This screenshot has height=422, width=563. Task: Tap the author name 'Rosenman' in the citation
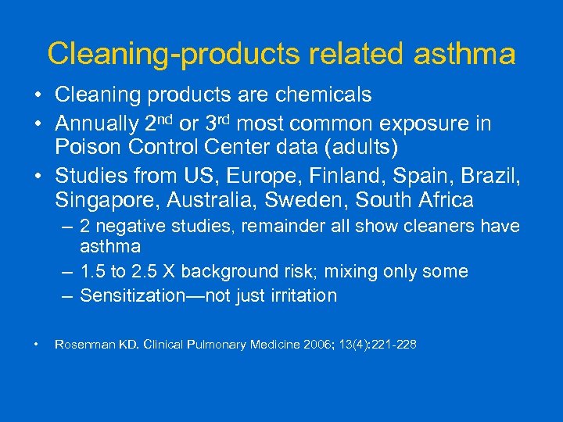81,344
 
